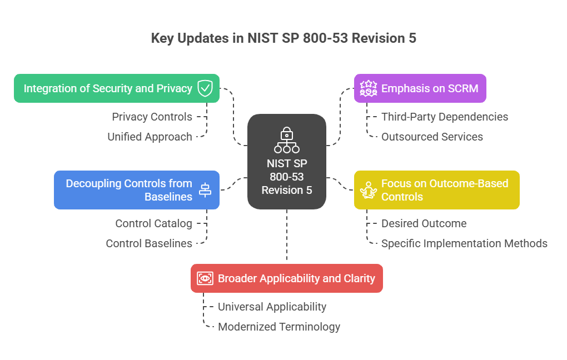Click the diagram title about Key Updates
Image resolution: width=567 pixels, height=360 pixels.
pyautogui.click(x=283, y=38)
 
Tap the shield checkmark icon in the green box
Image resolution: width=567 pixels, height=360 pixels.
pyautogui.click(x=205, y=88)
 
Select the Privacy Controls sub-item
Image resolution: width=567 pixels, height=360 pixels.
pyautogui.click(x=152, y=117)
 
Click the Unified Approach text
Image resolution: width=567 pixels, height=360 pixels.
pyautogui.click(x=150, y=137)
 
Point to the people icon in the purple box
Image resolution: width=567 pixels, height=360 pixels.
pyautogui.click(x=369, y=88)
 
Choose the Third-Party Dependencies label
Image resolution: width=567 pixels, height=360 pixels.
pyautogui.click(x=444, y=117)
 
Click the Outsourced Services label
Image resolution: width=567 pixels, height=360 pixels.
pyautogui.click(x=432, y=137)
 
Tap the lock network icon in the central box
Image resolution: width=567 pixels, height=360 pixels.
pyautogui.click(x=287, y=140)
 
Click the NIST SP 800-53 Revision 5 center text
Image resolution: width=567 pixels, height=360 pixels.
pyautogui.click(x=287, y=177)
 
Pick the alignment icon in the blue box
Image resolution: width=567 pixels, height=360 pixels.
pyautogui.click(x=205, y=190)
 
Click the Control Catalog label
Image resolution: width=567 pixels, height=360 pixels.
pyautogui.click(x=153, y=223)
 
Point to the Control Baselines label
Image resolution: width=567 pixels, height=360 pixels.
pyautogui.click(x=149, y=243)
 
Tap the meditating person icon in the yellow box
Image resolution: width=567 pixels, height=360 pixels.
pyautogui.click(x=369, y=190)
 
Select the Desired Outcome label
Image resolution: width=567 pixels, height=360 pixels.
pyautogui.click(x=424, y=223)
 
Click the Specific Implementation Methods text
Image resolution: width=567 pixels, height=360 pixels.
pyautogui.click(x=464, y=243)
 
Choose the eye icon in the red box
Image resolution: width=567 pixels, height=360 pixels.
pyautogui.click(x=205, y=278)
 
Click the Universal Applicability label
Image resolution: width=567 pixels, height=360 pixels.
pyautogui.click(x=272, y=307)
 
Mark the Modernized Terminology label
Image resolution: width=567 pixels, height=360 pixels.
pyautogui.click(x=278, y=327)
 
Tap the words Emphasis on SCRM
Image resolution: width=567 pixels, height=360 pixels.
pyautogui.click(x=430, y=88)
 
